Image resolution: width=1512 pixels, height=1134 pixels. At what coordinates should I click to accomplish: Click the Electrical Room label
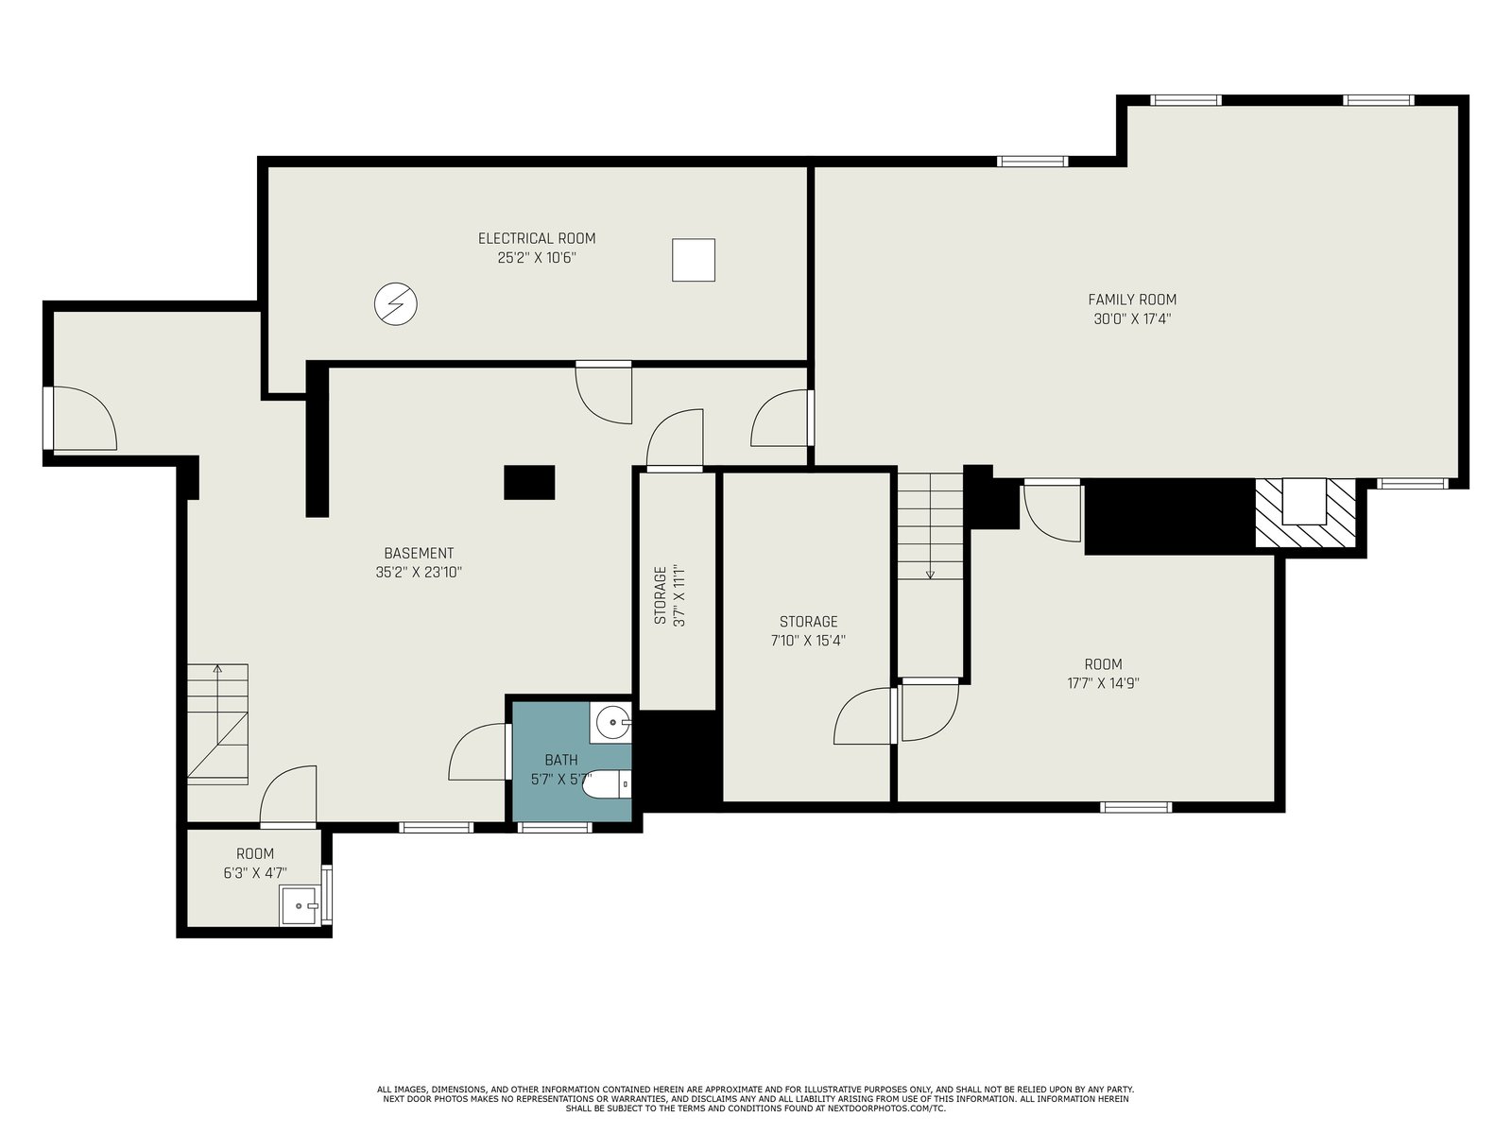click(537, 238)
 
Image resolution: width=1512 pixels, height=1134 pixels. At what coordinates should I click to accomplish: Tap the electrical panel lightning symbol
click(395, 303)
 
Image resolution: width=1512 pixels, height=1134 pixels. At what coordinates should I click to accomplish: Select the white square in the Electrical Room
click(693, 260)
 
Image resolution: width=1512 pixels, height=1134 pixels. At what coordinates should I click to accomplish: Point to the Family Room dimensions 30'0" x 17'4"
click(1132, 318)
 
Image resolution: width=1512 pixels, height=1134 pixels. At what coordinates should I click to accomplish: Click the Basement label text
click(419, 553)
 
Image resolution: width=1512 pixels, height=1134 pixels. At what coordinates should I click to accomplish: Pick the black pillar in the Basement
click(529, 482)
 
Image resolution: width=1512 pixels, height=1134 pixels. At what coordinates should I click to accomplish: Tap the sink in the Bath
click(610, 722)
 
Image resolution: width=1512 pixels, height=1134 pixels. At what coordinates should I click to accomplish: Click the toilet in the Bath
click(607, 784)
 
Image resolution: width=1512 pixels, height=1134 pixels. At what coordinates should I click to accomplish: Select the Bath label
click(561, 760)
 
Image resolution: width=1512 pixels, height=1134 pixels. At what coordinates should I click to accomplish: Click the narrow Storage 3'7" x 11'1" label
click(668, 595)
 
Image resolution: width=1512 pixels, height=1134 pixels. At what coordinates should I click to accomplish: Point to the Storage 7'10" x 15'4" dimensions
click(808, 641)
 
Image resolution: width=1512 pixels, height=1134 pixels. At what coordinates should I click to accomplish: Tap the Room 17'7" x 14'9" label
click(1103, 674)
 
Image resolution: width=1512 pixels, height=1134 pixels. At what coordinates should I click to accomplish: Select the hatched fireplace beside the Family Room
click(1305, 513)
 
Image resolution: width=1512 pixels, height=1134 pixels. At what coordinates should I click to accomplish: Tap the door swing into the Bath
click(476, 751)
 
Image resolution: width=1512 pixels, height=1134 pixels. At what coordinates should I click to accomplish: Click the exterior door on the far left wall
click(80, 419)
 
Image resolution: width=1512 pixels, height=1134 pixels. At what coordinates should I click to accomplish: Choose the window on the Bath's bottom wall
click(555, 828)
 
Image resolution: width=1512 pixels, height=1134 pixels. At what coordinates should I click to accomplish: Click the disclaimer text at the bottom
click(756, 1099)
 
